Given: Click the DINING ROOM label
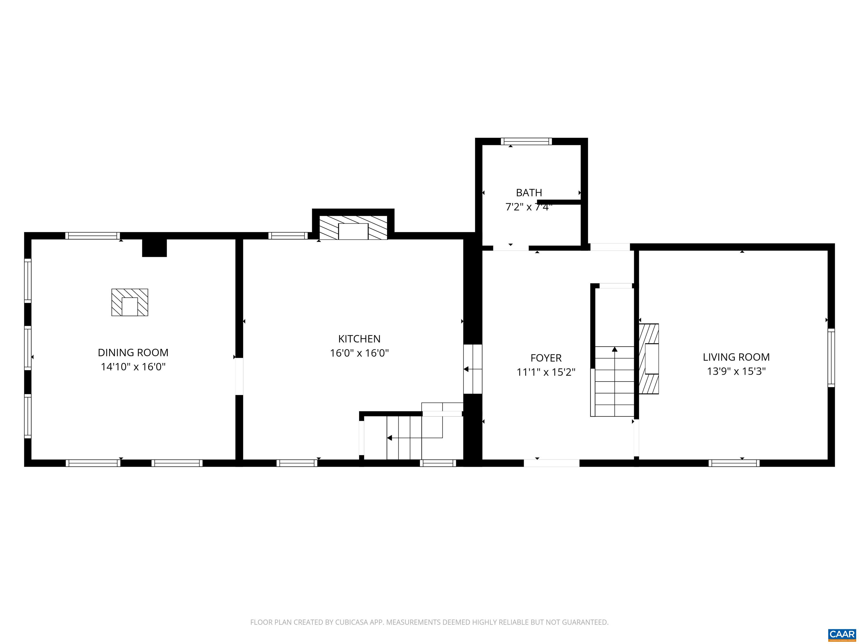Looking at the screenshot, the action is click(133, 352).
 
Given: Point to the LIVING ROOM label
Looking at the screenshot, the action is click(736, 357).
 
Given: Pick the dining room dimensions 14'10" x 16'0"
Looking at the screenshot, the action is click(133, 367).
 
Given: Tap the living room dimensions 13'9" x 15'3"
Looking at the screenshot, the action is click(736, 371).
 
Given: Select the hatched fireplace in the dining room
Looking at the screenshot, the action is click(130, 302).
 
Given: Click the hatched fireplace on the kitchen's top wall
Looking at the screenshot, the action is click(353, 228).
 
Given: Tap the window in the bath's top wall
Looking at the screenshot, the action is click(526, 141).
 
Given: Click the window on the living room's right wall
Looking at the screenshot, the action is click(831, 358).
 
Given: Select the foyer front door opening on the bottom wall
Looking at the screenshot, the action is click(551, 463).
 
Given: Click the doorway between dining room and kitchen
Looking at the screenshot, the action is click(239, 377).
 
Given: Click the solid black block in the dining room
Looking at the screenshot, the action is click(154, 248).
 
